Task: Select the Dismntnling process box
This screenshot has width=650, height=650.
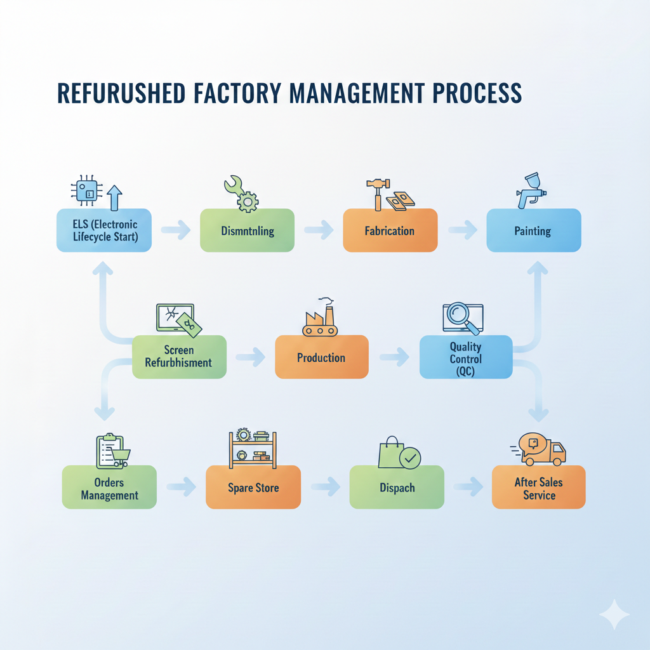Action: (248, 230)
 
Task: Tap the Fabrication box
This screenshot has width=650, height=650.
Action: (390, 230)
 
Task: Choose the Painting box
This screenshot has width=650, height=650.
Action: (533, 230)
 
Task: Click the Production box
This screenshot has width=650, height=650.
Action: (321, 357)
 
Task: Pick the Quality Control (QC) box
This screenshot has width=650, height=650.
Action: (466, 357)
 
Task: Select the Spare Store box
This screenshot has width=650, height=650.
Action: (253, 487)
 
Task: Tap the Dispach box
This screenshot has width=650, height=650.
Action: (397, 487)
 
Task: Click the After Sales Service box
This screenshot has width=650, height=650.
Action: (538, 487)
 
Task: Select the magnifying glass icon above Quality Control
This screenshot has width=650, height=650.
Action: (461, 317)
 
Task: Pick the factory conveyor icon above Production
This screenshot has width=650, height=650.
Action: (319, 317)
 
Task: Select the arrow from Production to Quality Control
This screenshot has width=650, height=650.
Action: (394, 357)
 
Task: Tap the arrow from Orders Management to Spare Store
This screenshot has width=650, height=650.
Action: (181, 487)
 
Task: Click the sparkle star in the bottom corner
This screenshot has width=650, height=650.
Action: (614, 614)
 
